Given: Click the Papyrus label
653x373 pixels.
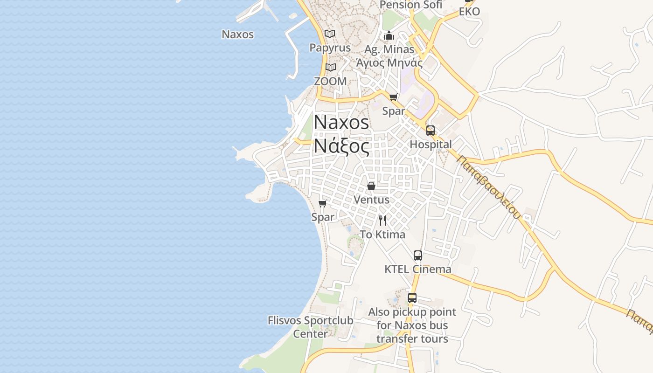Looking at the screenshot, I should pyautogui.click(x=330, y=48).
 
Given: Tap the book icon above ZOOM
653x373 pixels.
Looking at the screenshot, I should pyautogui.click(x=331, y=67).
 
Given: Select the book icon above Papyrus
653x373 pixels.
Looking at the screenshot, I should pyautogui.click(x=330, y=34).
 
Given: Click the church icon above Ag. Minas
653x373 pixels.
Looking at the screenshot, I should pyautogui.click(x=389, y=35).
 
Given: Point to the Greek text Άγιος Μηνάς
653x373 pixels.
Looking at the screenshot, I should pyautogui.click(x=389, y=62).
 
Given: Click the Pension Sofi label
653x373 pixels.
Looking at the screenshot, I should pyautogui.click(x=410, y=5).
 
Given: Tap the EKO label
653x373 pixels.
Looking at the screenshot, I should pyautogui.click(x=469, y=12).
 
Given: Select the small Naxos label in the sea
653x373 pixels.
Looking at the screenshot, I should pyautogui.click(x=238, y=34).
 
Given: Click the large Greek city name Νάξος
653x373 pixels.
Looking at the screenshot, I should pyautogui.click(x=341, y=146).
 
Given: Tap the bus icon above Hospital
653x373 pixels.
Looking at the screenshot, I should pyautogui.click(x=431, y=131).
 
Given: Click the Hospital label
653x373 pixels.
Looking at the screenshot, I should pyautogui.click(x=431, y=145).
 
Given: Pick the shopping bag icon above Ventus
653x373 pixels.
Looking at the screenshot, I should pyautogui.click(x=371, y=186).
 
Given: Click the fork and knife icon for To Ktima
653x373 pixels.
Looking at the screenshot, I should pyautogui.click(x=382, y=221).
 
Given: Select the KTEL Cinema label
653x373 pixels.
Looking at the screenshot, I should pyautogui.click(x=418, y=269).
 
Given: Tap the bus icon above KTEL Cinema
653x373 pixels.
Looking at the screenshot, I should pyautogui.click(x=418, y=256).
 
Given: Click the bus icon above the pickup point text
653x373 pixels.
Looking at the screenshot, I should pyautogui.click(x=412, y=298).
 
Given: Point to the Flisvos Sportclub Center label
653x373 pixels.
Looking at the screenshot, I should pyautogui.click(x=310, y=327).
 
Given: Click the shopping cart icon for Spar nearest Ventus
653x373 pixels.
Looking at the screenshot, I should pyautogui.click(x=322, y=203).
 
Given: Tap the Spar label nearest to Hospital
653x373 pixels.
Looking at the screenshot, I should pyautogui.click(x=394, y=111).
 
